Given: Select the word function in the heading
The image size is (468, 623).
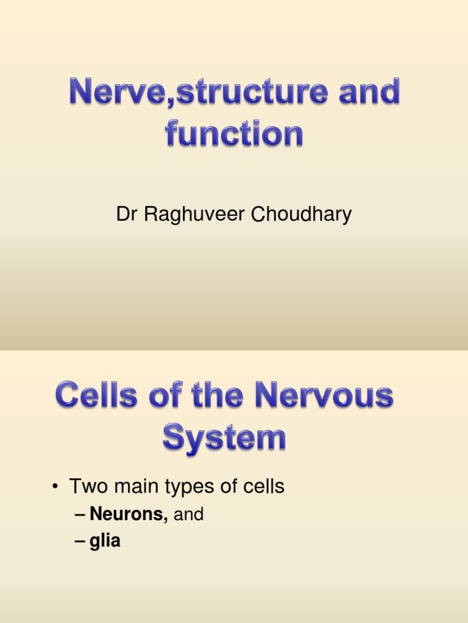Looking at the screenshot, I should [234, 133].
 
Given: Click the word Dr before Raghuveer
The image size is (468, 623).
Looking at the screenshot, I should [126, 215].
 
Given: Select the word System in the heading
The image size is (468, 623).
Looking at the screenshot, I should [224, 438].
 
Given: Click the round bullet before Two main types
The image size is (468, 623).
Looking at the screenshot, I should [55, 487].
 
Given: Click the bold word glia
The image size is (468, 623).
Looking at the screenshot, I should [105, 541].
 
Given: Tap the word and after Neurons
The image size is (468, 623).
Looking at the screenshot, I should [189, 515].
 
